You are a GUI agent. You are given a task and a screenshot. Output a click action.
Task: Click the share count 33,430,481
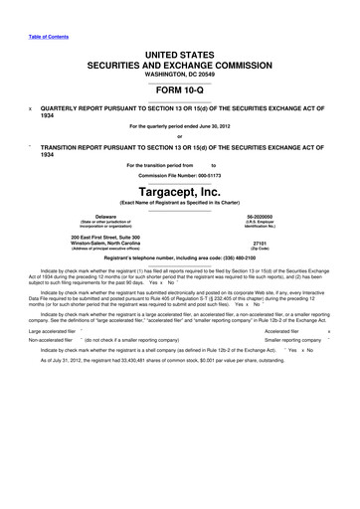pyautogui.click(x=148, y=373)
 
